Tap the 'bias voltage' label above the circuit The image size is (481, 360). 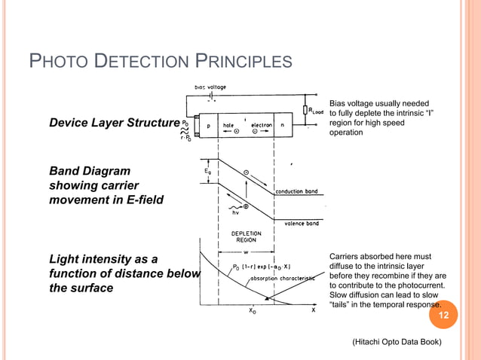210,87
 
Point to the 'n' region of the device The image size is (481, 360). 281,127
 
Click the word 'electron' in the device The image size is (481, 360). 261,127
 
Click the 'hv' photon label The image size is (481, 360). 234,213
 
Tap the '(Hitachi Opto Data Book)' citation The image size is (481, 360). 396,343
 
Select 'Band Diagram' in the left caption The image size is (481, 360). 90,171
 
